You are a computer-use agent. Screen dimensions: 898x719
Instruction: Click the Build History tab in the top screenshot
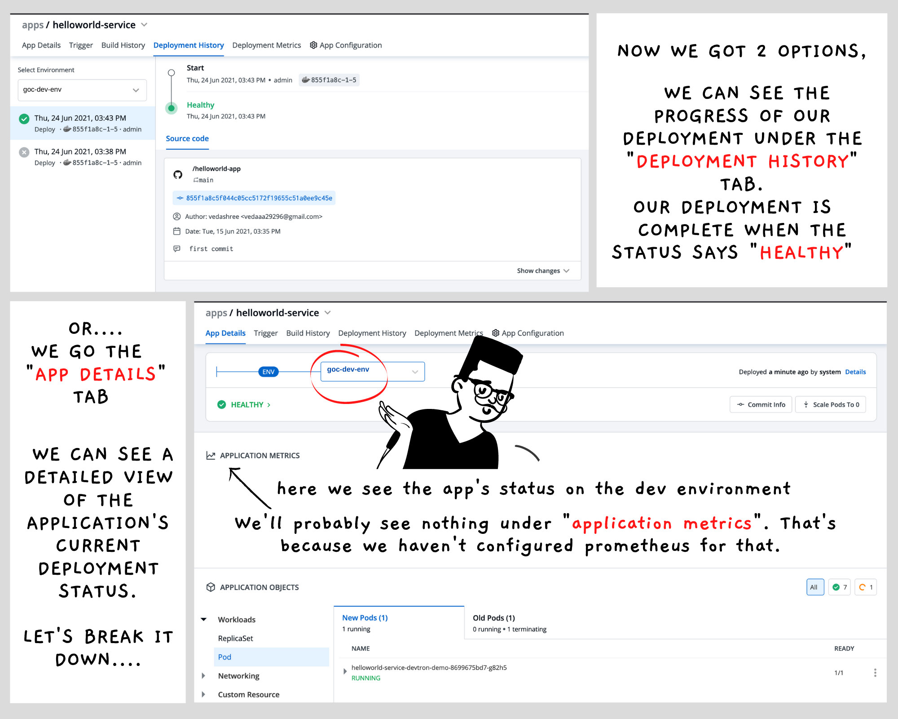pos(123,45)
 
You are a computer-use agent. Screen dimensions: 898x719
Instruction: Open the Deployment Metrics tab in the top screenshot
pos(266,45)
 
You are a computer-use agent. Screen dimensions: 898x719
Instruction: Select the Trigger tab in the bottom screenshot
pos(266,333)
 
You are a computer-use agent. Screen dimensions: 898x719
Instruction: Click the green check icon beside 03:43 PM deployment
pos(24,119)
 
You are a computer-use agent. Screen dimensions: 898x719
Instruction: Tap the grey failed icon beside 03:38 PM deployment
pos(24,152)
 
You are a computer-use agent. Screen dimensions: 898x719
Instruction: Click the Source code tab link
pos(187,138)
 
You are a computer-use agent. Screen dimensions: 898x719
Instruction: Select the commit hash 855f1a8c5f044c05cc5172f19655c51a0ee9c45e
pos(259,198)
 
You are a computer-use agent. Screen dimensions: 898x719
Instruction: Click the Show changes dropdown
pos(543,271)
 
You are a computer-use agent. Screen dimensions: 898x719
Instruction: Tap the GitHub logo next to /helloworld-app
pos(178,174)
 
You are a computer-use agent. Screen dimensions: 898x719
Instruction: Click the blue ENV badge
pos(269,372)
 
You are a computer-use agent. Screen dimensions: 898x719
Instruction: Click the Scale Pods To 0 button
pos(831,404)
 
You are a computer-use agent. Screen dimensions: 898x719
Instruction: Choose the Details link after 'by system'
pos(855,372)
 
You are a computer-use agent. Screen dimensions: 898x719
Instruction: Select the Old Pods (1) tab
pos(494,618)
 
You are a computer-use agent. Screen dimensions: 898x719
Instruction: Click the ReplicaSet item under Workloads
pos(235,638)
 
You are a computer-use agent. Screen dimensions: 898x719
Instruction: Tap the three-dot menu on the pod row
pos(875,673)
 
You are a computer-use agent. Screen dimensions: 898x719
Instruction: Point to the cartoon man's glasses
pos(492,393)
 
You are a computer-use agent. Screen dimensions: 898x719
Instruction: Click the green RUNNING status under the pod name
pos(366,678)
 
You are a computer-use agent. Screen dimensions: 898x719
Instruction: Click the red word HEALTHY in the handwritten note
pos(801,253)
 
